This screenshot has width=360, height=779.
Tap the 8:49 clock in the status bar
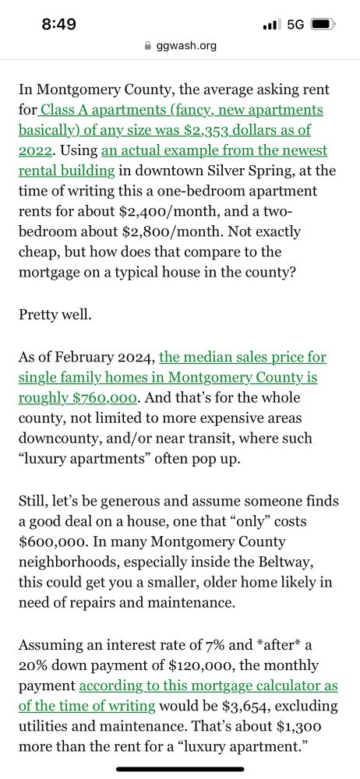[x=58, y=24]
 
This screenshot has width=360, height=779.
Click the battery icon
[x=322, y=24]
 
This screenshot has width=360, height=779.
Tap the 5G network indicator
[x=295, y=24]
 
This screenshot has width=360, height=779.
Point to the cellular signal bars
[x=272, y=25]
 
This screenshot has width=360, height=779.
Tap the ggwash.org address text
[x=186, y=46]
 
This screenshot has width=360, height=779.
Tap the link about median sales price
[x=242, y=358]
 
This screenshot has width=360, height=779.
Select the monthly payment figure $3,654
[x=269, y=707]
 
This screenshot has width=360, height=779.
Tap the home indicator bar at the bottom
[x=180, y=769]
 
